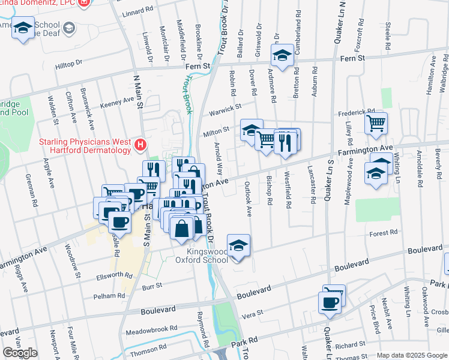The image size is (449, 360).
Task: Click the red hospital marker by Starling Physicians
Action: (140, 145)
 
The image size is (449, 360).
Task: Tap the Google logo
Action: (20, 353)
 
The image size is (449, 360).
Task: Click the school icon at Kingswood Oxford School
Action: (238, 246)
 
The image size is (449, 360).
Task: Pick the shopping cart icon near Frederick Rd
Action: (376, 124)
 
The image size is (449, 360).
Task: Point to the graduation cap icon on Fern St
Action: (282, 56)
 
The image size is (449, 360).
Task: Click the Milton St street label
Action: (217, 130)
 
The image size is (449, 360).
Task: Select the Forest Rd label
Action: (384, 233)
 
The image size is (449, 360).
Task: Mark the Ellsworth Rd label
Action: (114, 275)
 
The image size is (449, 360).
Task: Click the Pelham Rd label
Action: (109, 296)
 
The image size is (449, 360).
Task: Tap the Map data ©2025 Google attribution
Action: (412, 355)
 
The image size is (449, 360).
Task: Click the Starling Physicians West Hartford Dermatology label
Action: (85, 145)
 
